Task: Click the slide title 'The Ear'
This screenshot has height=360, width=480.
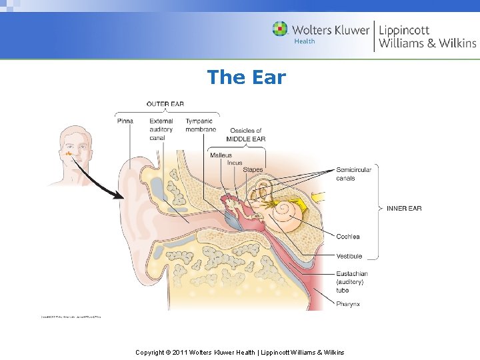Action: coord(246,77)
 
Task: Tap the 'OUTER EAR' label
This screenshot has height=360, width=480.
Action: coord(165,103)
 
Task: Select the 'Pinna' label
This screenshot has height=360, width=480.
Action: coord(125,121)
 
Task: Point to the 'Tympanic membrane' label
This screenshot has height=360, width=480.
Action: coord(201,125)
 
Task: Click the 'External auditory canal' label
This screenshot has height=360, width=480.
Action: coord(161,129)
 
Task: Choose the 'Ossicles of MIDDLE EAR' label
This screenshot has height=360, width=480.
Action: coord(245,135)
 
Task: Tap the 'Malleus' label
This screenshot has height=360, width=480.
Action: coord(221,155)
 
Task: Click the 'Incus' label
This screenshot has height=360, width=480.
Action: coord(235,163)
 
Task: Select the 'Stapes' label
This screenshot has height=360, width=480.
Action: coord(253,170)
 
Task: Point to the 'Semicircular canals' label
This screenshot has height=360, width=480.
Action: coord(353,174)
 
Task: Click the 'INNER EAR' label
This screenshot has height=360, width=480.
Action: coord(404,209)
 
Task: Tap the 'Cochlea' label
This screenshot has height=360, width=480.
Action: coord(348,237)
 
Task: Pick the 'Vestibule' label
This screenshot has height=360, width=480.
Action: coord(349,256)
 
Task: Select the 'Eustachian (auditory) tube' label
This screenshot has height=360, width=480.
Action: coord(351,282)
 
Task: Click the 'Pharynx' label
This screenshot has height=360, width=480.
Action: coord(348,304)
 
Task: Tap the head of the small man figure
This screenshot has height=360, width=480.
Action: coord(71,147)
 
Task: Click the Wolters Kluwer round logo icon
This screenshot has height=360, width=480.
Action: coord(281,29)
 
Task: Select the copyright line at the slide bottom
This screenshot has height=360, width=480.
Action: coord(240,352)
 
